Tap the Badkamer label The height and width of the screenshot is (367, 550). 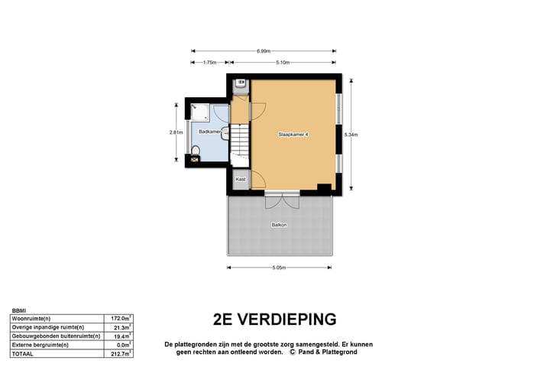coord(209,132)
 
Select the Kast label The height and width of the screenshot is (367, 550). coord(241,179)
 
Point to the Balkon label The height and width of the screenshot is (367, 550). coord(280,225)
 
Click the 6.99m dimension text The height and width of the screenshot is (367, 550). coord(263,51)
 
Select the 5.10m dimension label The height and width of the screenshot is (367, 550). coord(284,63)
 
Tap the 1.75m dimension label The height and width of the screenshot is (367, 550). coord(209,63)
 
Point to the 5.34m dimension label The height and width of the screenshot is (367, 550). coord(351,135)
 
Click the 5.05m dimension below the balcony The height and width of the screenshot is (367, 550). coord(278,268)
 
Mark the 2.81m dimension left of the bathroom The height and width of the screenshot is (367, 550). coord(176,132)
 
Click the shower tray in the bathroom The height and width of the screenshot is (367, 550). coord(200,112)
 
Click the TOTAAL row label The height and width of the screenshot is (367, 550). coord(23,354)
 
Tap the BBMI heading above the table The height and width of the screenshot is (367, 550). coord(19,310)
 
